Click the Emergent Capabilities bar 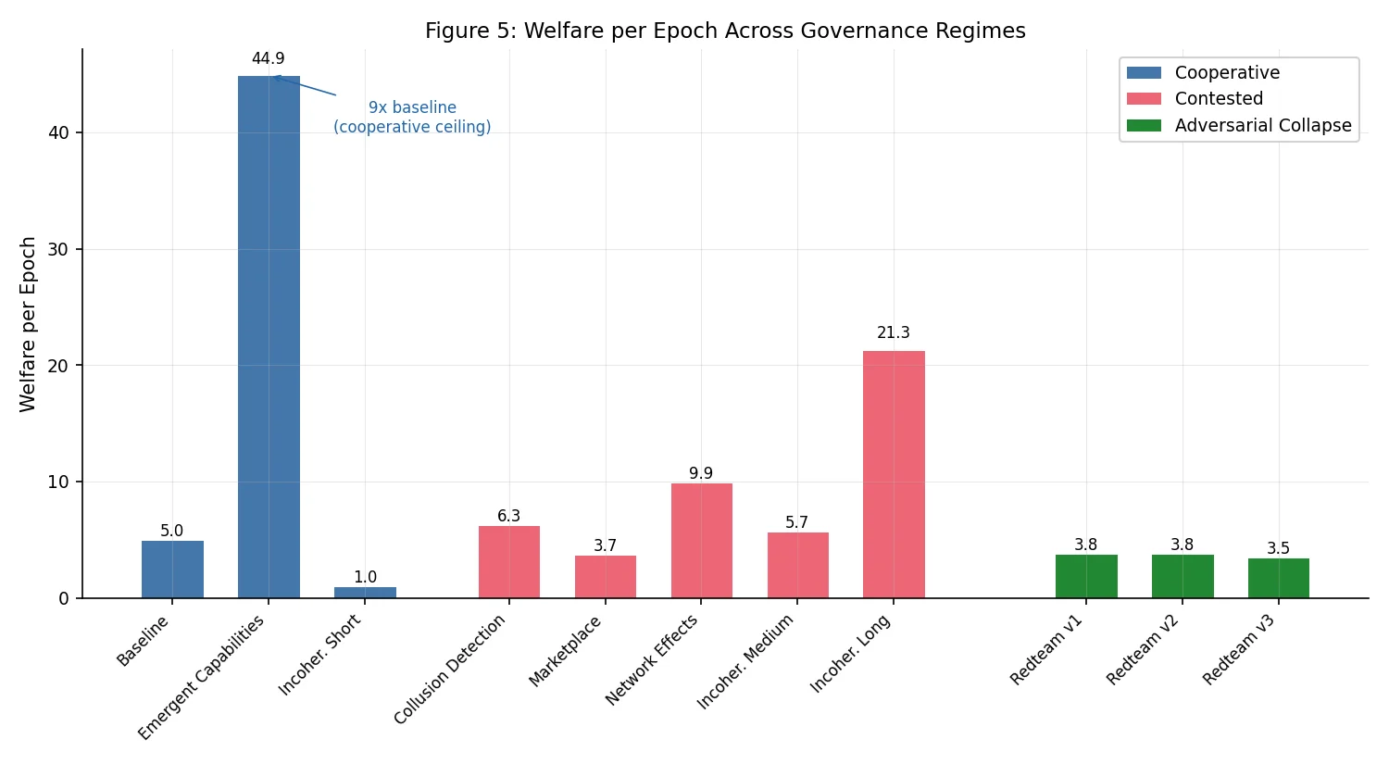tap(269, 337)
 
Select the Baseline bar tap(172, 570)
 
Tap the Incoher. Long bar tap(894, 474)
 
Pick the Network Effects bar tap(701, 541)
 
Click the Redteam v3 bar tap(1278, 578)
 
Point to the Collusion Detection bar tap(508, 562)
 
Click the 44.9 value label tap(269, 59)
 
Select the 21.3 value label tap(894, 333)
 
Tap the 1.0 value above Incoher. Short tap(365, 578)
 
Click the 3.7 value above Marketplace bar tap(605, 546)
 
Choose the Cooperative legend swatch tap(1144, 73)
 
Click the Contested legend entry tap(1219, 99)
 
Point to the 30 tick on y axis tap(58, 250)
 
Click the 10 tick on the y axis tap(58, 482)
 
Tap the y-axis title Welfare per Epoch tap(28, 324)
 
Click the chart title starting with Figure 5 tap(725, 31)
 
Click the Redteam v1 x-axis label tap(1047, 650)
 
